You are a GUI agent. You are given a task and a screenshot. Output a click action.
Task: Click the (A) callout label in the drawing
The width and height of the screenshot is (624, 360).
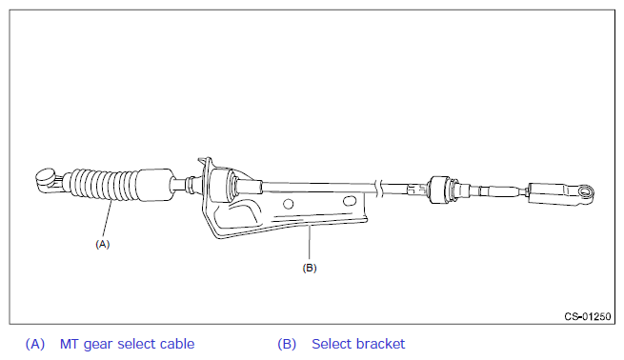pos(102,244)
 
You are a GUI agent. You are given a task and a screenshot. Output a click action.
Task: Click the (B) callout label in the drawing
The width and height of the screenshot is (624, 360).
pos(310,268)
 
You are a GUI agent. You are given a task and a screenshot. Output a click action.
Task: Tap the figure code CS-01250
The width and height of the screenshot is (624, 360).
pos(588,316)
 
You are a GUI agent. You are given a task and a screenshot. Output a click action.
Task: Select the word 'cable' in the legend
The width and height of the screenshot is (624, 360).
pos(177,344)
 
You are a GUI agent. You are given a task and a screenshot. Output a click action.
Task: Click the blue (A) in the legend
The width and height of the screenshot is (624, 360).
pos(35,344)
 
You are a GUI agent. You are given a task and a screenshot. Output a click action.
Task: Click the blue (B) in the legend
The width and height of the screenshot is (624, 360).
pos(287,344)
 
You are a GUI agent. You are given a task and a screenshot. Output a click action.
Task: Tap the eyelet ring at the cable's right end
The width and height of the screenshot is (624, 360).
pos(585,192)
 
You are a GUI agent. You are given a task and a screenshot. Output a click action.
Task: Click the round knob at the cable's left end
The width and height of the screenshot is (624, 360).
pos(45,176)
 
